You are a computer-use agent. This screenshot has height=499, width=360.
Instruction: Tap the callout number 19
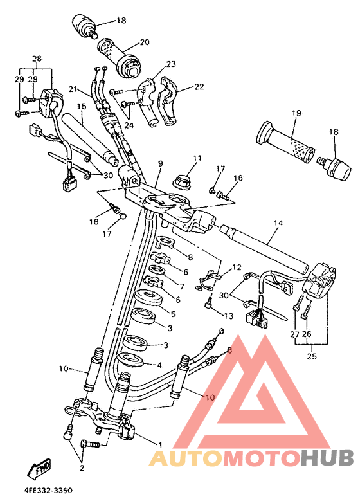(295, 113)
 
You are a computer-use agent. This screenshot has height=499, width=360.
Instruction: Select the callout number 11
(196, 158)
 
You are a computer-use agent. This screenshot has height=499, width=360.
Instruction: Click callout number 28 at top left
(37, 59)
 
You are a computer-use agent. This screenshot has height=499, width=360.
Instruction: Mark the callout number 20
(144, 42)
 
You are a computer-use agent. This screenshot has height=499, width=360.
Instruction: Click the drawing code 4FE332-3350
(49, 490)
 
